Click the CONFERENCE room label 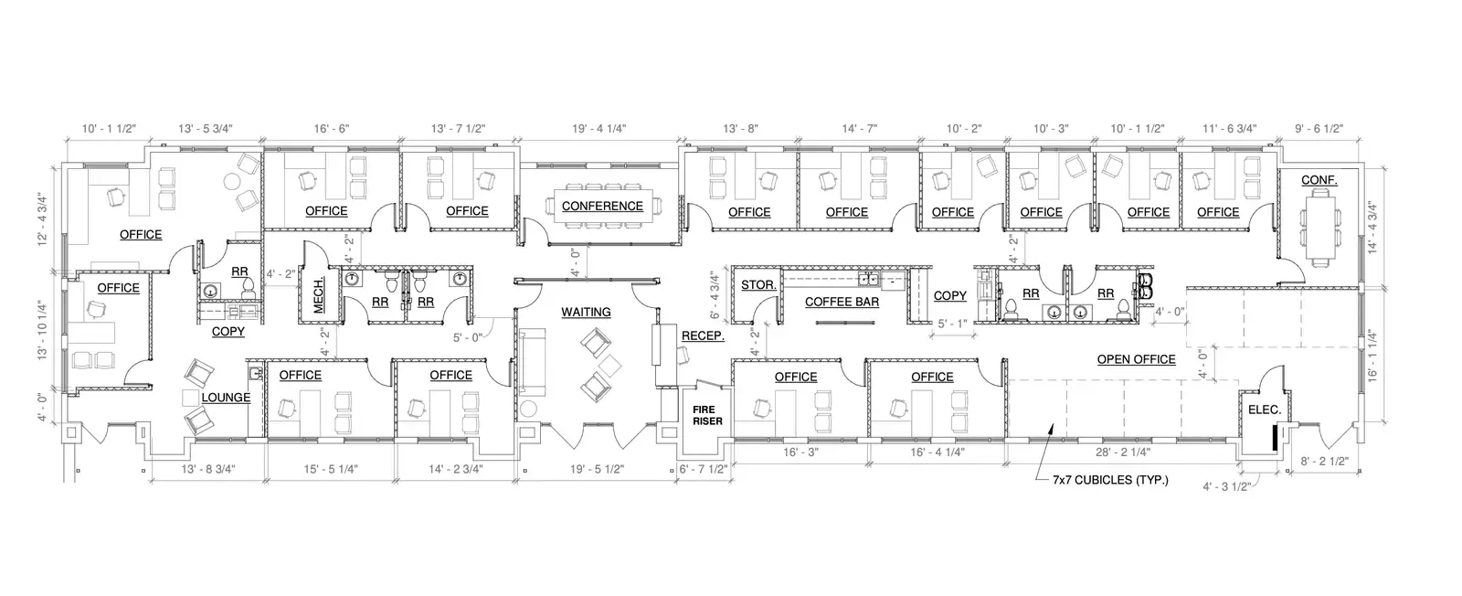tap(602, 207)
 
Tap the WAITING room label tap(586, 313)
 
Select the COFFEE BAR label tap(842, 303)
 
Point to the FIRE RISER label tap(707, 416)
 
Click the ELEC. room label tap(1265, 410)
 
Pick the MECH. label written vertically tap(319, 295)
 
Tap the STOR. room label tap(758, 285)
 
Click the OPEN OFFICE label tap(1137, 359)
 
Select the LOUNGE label tap(226, 398)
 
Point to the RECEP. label tap(703, 336)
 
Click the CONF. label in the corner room tap(1319, 180)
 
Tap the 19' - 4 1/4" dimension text tap(599, 129)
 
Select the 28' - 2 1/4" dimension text tap(1123, 452)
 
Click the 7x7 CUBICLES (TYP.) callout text tap(1110, 481)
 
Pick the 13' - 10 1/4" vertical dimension tap(43, 330)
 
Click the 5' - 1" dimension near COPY tap(952, 324)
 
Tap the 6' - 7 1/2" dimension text tap(704, 469)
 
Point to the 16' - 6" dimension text tap(332, 129)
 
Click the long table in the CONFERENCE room tap(602, 207)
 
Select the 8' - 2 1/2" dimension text tap(1325, 462)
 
